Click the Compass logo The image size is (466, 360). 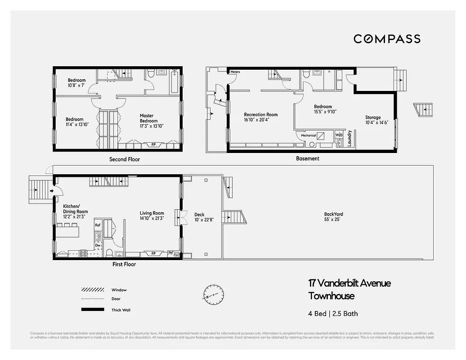tap(387, 39)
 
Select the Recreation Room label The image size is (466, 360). tap(261, 117)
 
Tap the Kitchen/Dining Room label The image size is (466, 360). tap(75, 209)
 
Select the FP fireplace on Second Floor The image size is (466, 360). tap(153, 145)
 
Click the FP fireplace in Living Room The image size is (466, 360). tap(153, 253)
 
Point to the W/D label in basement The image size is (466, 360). tap(339, 135)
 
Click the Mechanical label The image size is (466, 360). tap(308, 135)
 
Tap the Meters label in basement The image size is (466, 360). tap(235, 72)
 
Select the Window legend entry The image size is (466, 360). tap(119, 290)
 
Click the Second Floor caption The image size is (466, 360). tap(125, 159)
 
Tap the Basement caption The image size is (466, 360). tap(308, 158)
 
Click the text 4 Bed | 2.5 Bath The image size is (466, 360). tap(333, 314)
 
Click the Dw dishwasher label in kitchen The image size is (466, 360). tap(97, 245)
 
